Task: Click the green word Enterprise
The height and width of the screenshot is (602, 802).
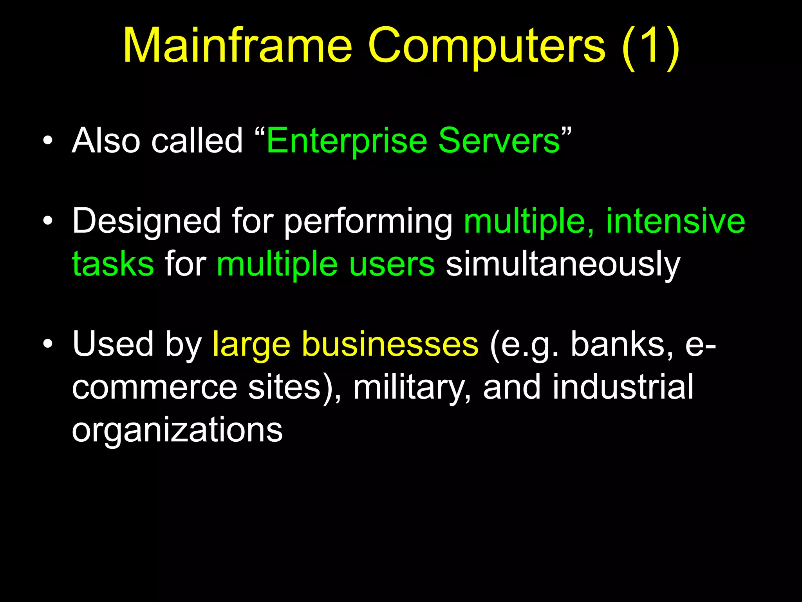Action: click(x=347, y=141)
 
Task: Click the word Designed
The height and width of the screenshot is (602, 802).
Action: click(x=146, y=221)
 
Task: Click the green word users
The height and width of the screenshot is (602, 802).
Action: click(x=392, y=265)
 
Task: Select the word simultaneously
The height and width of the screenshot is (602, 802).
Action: click(x=563, y=265)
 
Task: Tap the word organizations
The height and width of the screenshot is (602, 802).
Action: click(x=177, y=430)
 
